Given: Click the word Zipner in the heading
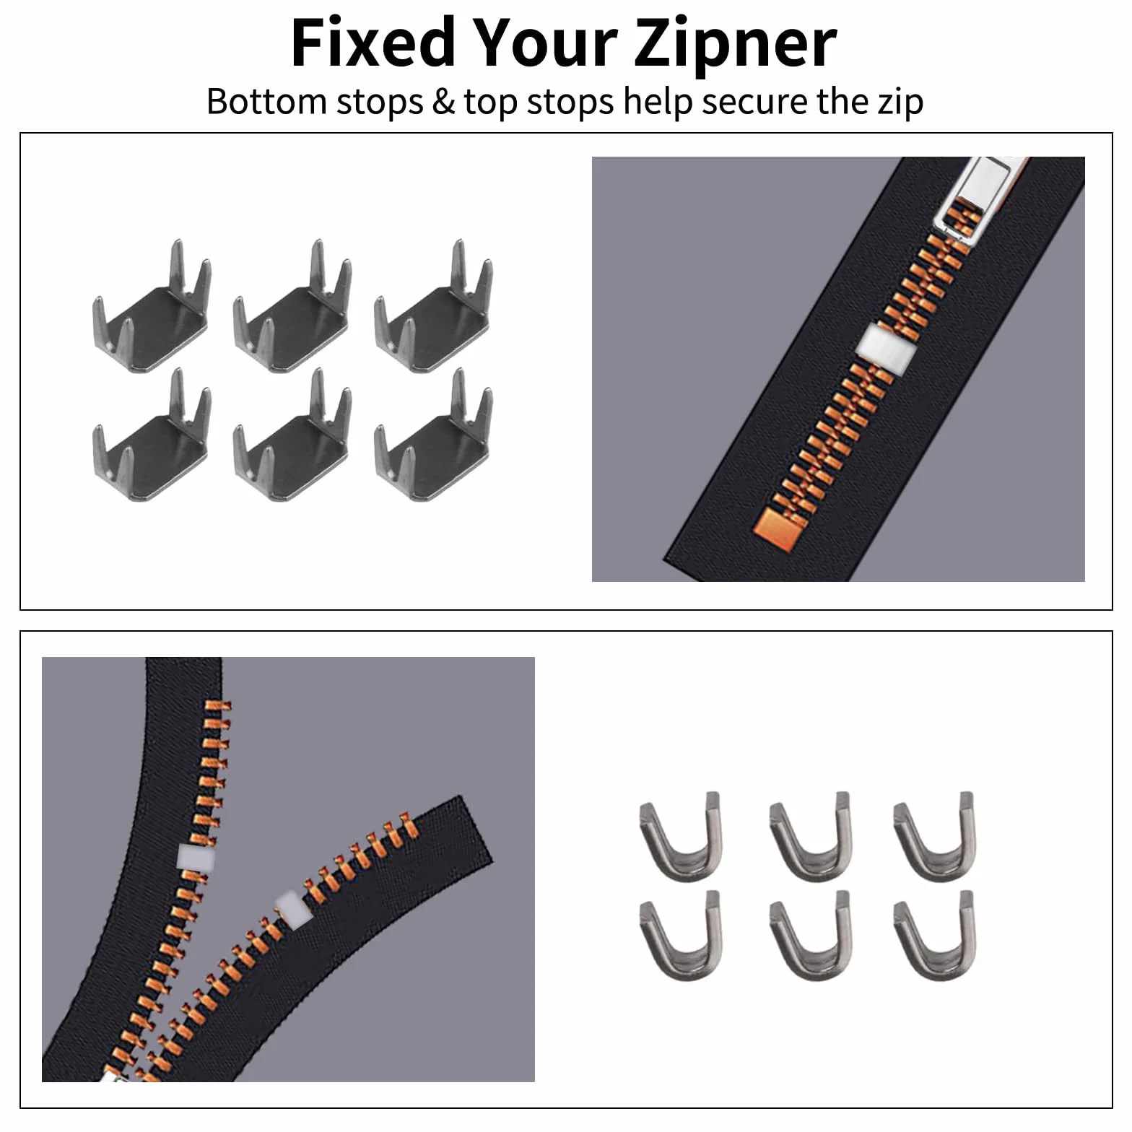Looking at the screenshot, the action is (x=735, y=43).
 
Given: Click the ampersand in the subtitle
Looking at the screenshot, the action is (x=443, y=102).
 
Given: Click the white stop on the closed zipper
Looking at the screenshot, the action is (x=886, y=349).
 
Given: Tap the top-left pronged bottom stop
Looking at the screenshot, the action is (x=152, y=307).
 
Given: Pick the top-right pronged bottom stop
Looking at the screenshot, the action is (x=434, y=307).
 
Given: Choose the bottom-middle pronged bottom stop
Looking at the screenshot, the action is (x=292, y=435).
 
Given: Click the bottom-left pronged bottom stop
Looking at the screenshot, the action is (x=152, y=435).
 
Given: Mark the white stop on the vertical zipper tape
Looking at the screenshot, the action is (x=196, y=857).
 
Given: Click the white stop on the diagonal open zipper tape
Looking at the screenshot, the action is (x=294, y=910).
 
